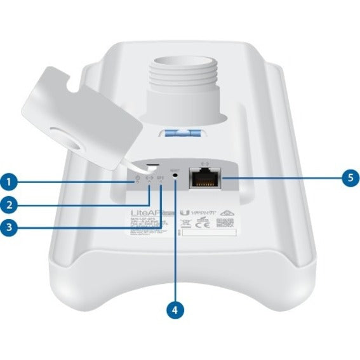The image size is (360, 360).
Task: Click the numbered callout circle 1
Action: (x=8, y=183)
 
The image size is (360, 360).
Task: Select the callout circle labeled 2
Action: (x=8, y=204)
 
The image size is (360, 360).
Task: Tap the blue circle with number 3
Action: (x=8, y=227)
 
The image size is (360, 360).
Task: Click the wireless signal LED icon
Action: (x=161, y=180)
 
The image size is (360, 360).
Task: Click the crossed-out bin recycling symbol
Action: (x=186, y=223)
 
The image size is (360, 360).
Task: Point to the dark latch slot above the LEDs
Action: (x=153, y=166)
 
